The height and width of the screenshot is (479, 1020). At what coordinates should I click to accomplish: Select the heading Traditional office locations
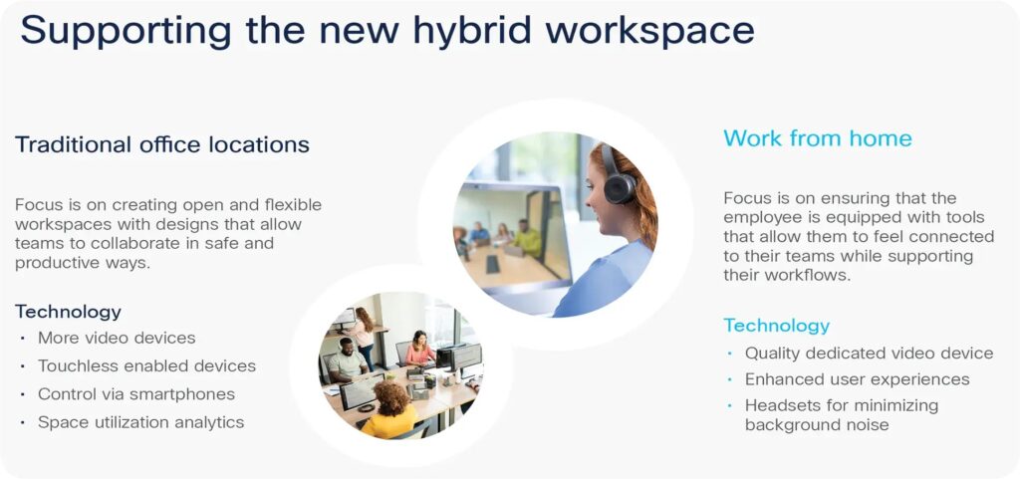(x=162, y=144)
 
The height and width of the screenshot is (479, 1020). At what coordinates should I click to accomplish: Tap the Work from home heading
(x=818, y=137)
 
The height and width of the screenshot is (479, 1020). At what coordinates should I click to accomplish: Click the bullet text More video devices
(x=117, y=338)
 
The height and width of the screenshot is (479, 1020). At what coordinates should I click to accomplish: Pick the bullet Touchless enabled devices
(x=146, y=365)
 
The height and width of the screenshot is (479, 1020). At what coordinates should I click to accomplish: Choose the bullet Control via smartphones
(x=135, y=394)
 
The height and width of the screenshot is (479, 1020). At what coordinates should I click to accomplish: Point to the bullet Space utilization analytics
(x=140, y=422)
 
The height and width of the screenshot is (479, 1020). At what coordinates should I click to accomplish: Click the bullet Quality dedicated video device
(x=869, y=353)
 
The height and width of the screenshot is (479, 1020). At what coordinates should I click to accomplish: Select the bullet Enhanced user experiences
(x=858, y=378)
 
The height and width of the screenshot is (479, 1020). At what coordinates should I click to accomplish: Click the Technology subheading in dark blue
(x=69, y=312)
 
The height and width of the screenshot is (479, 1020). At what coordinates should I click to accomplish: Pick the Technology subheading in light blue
(x=777, y=325)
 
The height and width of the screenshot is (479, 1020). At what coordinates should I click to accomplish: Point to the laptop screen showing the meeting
(x=512, y=238)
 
